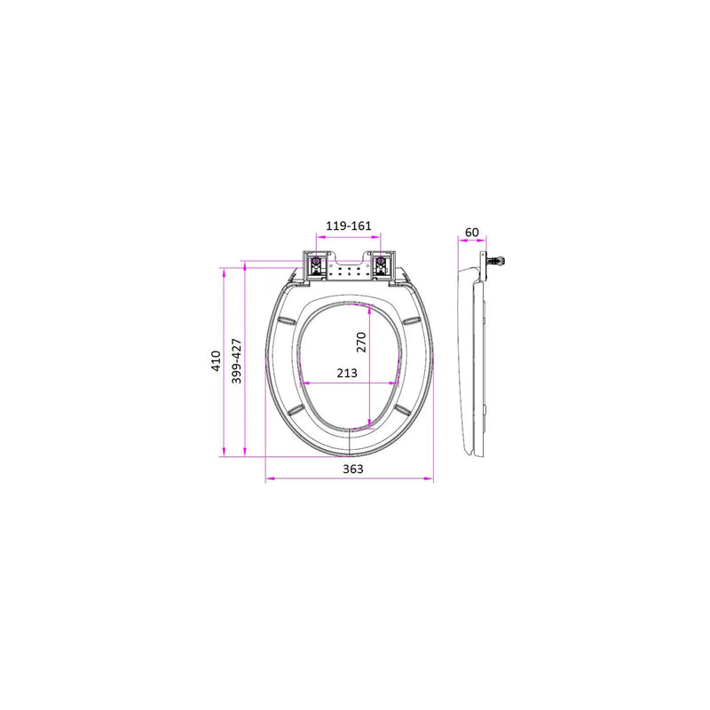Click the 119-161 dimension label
(348, 225)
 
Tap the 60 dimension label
(472, 233)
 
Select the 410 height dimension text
(216, 361)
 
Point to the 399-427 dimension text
(236, 361)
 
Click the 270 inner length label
(361, 343)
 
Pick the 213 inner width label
(347, 373)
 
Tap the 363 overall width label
(352, 469)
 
